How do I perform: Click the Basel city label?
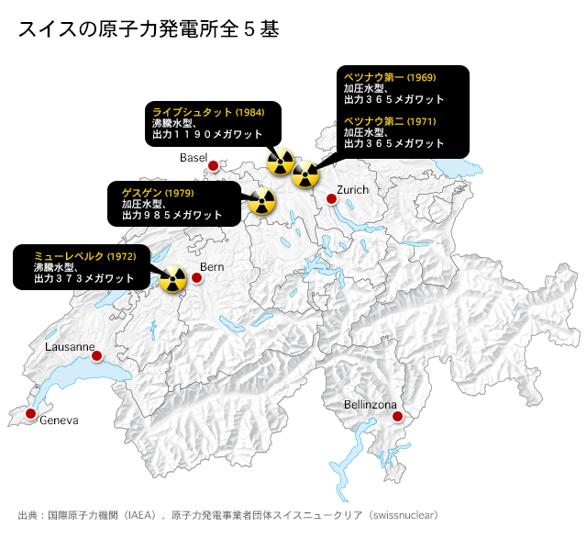point(194,158)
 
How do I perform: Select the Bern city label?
point(212,266)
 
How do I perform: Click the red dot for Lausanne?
point(96,356)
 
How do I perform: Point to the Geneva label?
point(59,420)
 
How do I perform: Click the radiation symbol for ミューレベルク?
point(172,279)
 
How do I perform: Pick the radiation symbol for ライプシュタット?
point(280,163)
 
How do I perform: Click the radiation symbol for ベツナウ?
point(305,172)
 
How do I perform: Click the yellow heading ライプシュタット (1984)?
point(208,111)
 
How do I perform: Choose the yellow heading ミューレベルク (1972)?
point(84,254)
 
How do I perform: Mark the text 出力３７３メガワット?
point(83,277)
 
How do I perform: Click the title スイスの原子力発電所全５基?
point(148,29)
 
